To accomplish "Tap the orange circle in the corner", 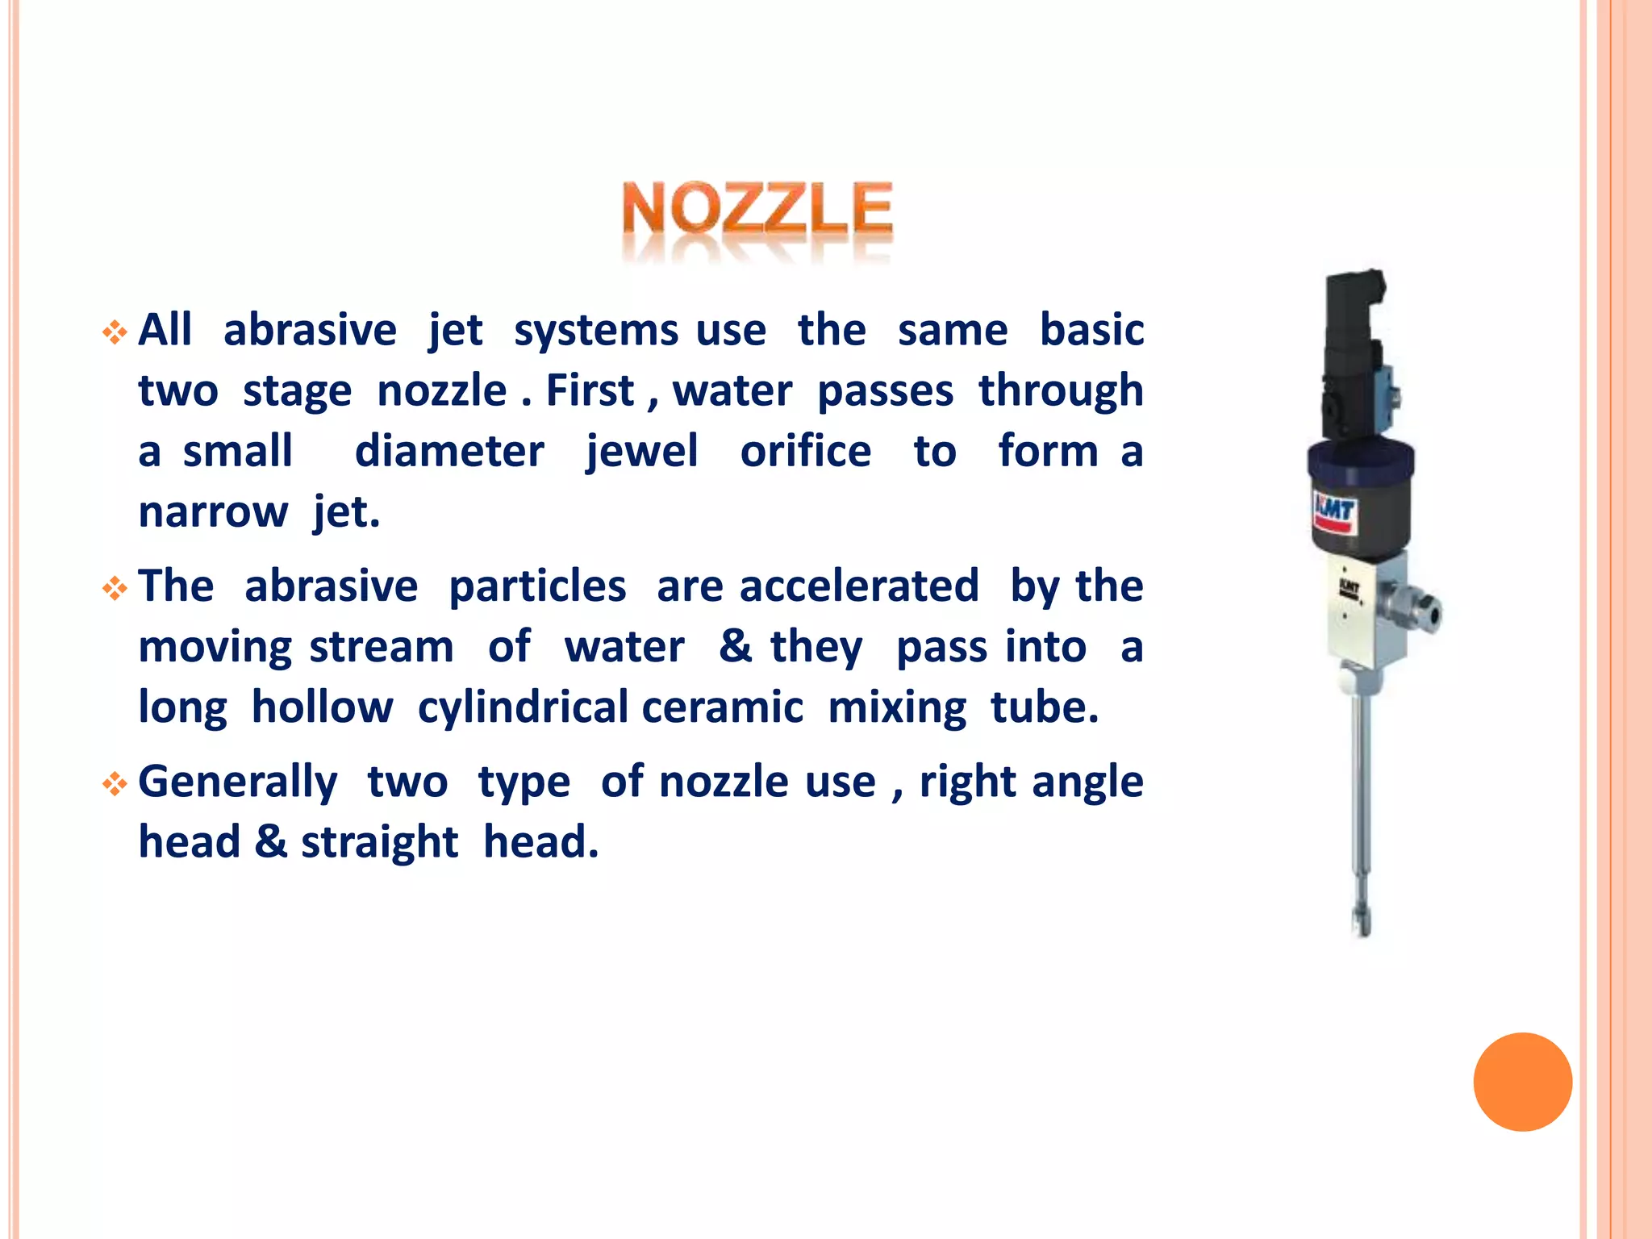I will click(x=1522, y=1082).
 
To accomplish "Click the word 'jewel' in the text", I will click(x=641, y=452).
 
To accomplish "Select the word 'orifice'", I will click(x=805, y=452).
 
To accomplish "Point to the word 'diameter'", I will click(x=449, y=452).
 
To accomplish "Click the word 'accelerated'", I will click(x=859, y=586).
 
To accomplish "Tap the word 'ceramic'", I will click(x=723, y=708).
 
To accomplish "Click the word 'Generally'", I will click(x=238, y=782).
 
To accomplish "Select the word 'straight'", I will click(x=379, y=843).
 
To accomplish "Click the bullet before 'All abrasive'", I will click(x=115, y=332).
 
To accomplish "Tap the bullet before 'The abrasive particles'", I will click(x=115, y=589).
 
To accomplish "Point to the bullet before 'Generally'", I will click(x=115, y=784).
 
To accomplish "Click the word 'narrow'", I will click(x=213, y=512).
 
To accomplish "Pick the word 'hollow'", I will click(x=322, y=708).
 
